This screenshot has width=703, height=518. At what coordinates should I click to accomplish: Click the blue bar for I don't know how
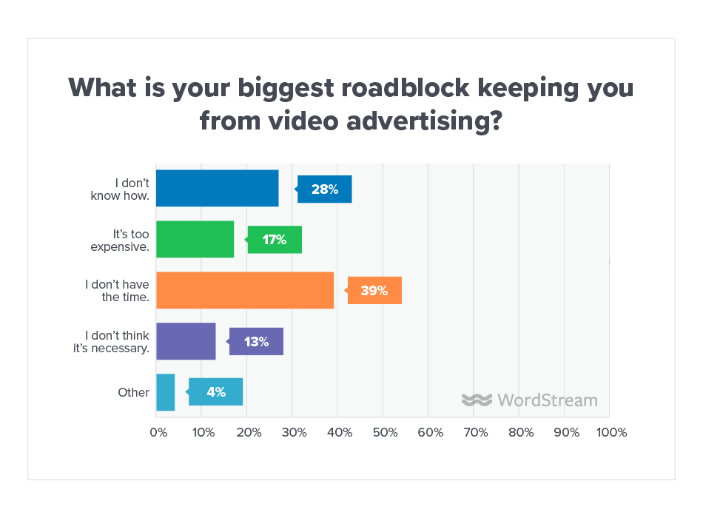pyautogui.click(x=218, y=189)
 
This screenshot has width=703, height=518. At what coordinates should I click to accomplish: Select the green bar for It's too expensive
pyautogui.click(x=195, y=239)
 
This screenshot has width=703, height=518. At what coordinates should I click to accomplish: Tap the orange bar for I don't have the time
pyautogui.click(x=245, y=290)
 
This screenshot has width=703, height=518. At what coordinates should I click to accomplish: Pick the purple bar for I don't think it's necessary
pyautogui.click(x=186, y=341)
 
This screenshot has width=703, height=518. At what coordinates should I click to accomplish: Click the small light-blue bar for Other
pyautogui.click(x=166, y=392)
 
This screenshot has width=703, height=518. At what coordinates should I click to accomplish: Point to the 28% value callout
pyautogui.click(x=325, y=189)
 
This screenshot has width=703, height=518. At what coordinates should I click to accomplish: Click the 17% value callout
pyautogui.click(x=275, y=240)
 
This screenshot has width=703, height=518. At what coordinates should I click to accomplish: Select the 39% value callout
pyautogui.click(x=374, y=291)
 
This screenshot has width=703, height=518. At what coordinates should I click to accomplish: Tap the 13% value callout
pyautogui.click(x=256, y=342)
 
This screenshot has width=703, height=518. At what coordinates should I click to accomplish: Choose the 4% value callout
pyautogui.click(x=216, y=392)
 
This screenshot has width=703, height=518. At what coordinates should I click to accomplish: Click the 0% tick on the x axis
pyautogui.click(x=158, y=432)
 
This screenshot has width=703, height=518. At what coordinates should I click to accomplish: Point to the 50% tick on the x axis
pyautogui.click(x=383, y=432)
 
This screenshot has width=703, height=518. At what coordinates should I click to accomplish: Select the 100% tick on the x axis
pyautogui.click(x=609, y=432)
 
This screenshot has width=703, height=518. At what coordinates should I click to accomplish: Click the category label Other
pyautogui.click(x=133, y=392)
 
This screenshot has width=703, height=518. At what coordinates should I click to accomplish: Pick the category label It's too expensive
pyautogui.click(x=121, y=240)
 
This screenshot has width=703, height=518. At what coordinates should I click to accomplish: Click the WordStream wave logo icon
pyautogui.click(x=477, y=400)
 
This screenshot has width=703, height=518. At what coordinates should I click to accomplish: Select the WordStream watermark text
pyautogui.click(x=547, y=400)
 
